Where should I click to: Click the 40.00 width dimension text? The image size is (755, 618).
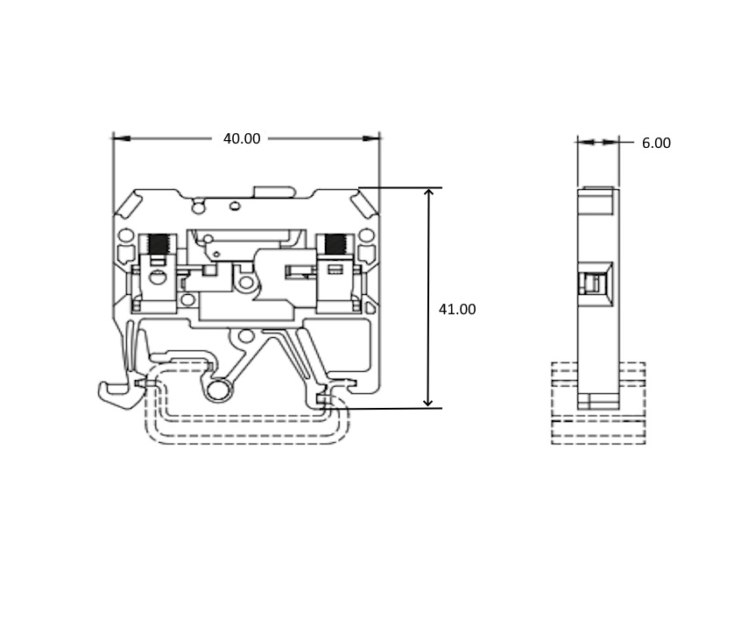(242, 138)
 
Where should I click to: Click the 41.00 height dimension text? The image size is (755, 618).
(457, 310)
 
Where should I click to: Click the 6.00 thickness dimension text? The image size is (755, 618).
(656, 143)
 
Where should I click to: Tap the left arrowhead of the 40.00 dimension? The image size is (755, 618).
(122, 138)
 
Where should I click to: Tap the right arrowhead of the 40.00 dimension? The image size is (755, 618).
(370, 138)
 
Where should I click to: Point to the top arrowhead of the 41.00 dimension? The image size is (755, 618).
(428, 193)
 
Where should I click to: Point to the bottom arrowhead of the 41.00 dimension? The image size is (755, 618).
(428, 403)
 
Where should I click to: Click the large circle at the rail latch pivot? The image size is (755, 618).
(219, 390)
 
